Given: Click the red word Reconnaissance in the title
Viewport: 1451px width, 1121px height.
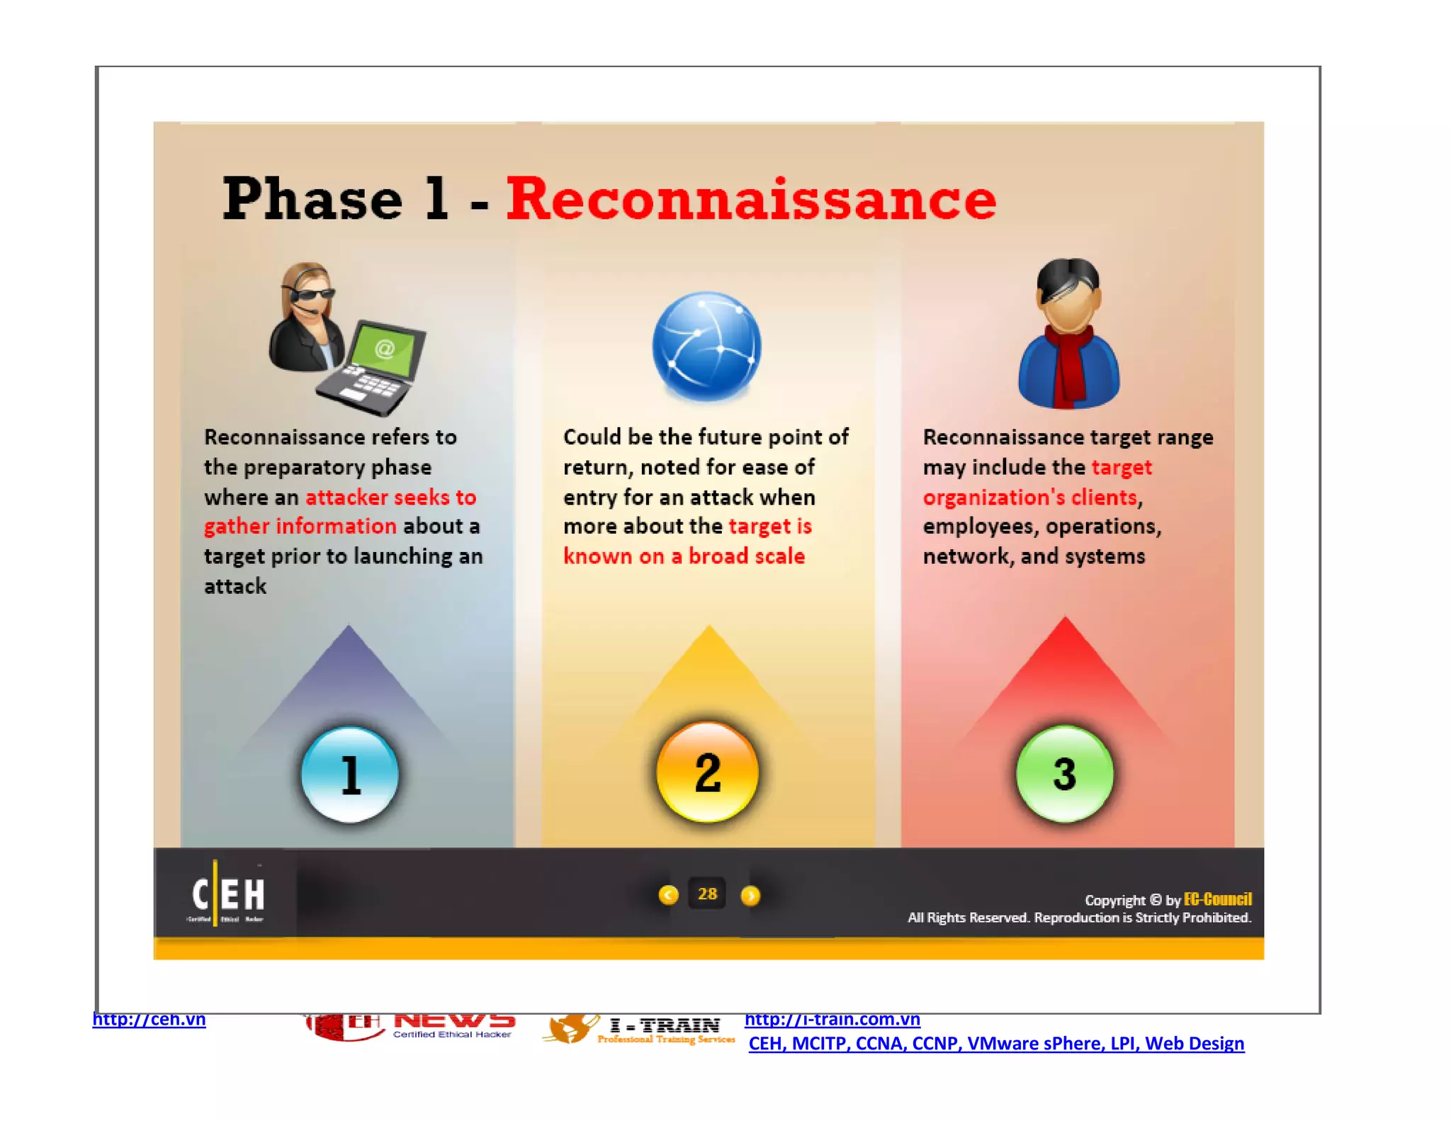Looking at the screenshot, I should (x=751, y=201).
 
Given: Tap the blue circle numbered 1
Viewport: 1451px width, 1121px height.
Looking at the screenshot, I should (x=350, y=774).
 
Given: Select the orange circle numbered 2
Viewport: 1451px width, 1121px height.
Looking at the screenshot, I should (x=707, y=772).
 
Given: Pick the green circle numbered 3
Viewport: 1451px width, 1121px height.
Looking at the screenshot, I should (x=1064, y=774).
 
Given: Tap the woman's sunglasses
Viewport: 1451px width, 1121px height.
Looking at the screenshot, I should (x=312, y=293).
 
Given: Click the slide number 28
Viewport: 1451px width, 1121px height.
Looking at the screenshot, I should (x=707, y=894).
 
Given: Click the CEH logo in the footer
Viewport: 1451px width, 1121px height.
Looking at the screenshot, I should (x=227, y=895).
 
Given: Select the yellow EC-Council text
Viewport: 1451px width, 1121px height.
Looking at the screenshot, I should (x=1217, y=899).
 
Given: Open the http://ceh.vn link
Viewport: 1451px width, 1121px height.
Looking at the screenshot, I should (x=149, y=1020).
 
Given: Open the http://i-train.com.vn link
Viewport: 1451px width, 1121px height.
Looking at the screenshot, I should (x=832, y=1020).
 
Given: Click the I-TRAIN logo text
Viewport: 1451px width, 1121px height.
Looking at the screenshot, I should (x=665, y=1025).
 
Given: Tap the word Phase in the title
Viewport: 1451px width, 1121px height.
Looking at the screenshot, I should (x=312, y=201).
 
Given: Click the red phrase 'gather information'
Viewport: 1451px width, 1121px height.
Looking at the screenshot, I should (x=300, y=526).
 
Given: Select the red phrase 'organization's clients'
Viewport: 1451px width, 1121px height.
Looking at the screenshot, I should (x=1029, y=497).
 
